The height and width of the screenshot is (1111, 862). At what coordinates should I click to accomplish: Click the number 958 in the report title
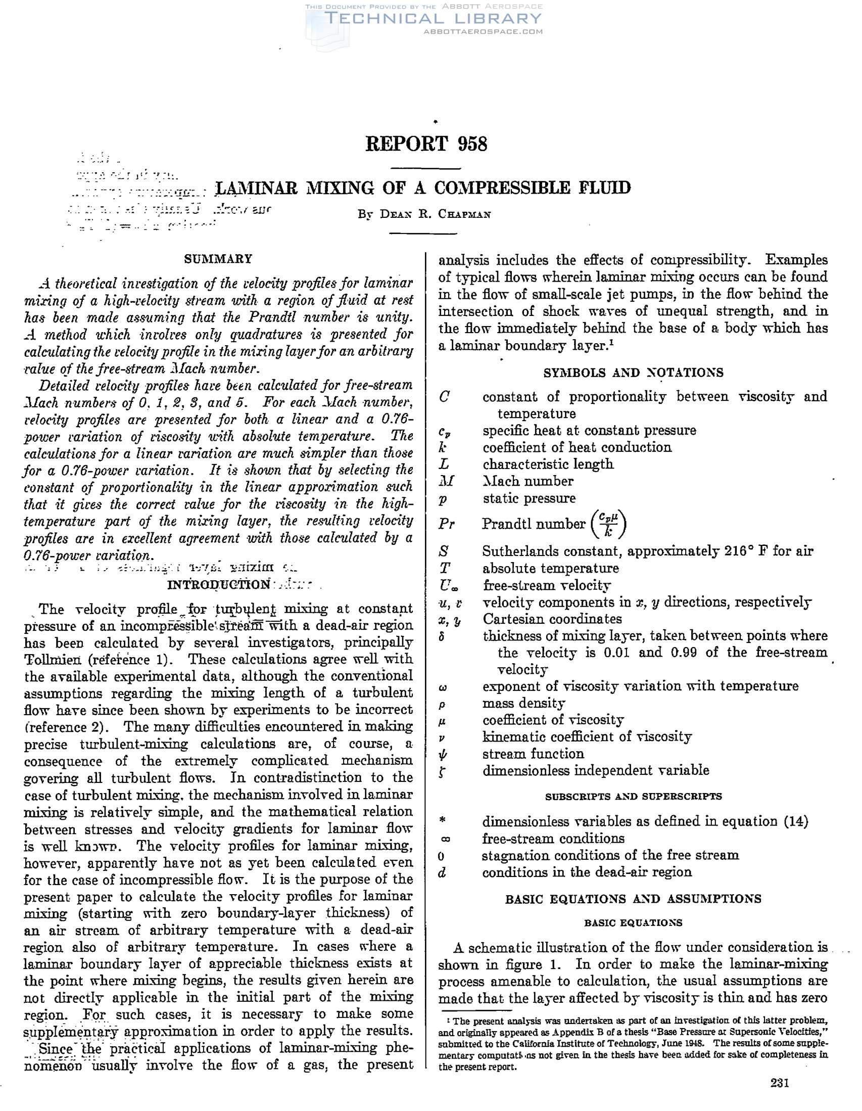click(x=472, y=144)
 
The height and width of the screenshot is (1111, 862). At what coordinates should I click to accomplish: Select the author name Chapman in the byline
click(x=464, y=214)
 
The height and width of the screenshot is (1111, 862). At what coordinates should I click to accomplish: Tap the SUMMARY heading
click(x=218, y=259)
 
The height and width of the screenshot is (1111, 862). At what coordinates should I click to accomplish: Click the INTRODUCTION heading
click(x=219, y=584)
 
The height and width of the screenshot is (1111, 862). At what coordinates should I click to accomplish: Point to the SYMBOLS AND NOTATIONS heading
click(x=633, y=373)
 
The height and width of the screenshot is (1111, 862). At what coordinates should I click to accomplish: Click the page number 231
click(x=780, y=1097)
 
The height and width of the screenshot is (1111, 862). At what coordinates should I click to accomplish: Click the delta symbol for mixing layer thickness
click(x=443, y=636)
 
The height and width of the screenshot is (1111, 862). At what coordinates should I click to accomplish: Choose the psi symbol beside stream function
click(x=443, y=755)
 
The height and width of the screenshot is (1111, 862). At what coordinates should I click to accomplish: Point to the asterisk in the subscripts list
click(x=442, y=820)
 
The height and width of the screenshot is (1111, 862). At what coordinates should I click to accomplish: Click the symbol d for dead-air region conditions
click(x=443, y=872)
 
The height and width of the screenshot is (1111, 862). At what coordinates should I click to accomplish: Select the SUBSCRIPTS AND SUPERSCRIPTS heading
click(x=633, y=797)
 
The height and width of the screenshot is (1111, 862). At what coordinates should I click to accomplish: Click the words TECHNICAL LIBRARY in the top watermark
click(x=434, y=19)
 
